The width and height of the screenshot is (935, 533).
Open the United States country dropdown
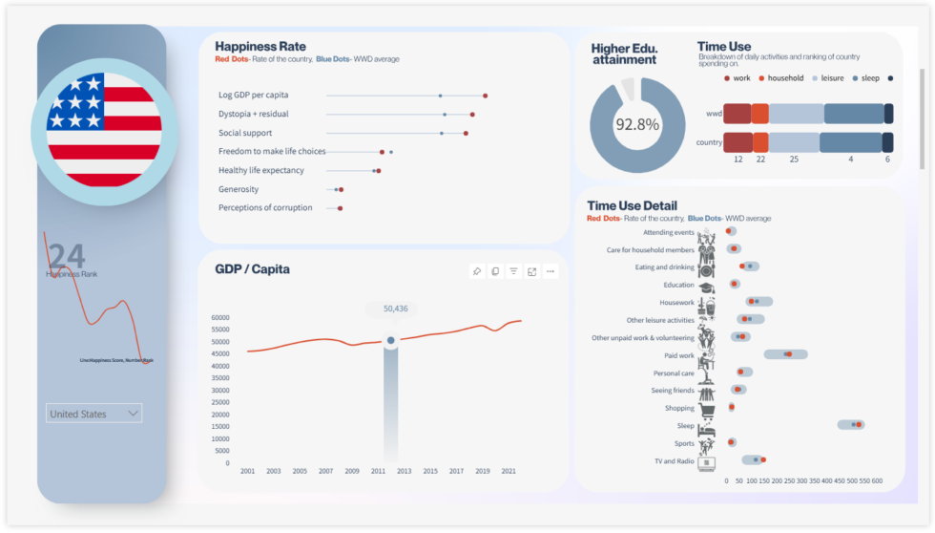[x=94, y=414]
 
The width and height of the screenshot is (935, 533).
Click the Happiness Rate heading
[x=260, y=46]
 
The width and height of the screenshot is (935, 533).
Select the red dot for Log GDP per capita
[x=486, y=96]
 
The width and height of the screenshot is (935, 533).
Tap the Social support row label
[x=245, y=133]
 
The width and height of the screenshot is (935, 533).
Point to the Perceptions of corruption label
[x=265, y=207]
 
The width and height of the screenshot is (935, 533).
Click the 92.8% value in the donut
[x=636, y=124]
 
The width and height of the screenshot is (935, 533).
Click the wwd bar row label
[x=713, y=114]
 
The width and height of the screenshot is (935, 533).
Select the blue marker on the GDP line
[x=390, y=340]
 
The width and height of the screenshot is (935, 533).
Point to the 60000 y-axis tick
[x=219, y=318]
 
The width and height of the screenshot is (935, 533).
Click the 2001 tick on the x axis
[x=247, y=471]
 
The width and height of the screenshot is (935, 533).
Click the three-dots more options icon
[x=550, y=271]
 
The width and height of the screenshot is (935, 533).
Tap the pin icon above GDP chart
[x=476, y=271]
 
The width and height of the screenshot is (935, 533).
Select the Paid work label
[x=679, y=355]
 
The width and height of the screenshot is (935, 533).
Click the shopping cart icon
[x=707, y=409]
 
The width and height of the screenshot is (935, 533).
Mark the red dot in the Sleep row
[x=859, y=425]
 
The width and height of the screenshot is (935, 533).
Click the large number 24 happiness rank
[x=67, y=256]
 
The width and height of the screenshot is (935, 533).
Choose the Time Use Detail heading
[x=632, y=205]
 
